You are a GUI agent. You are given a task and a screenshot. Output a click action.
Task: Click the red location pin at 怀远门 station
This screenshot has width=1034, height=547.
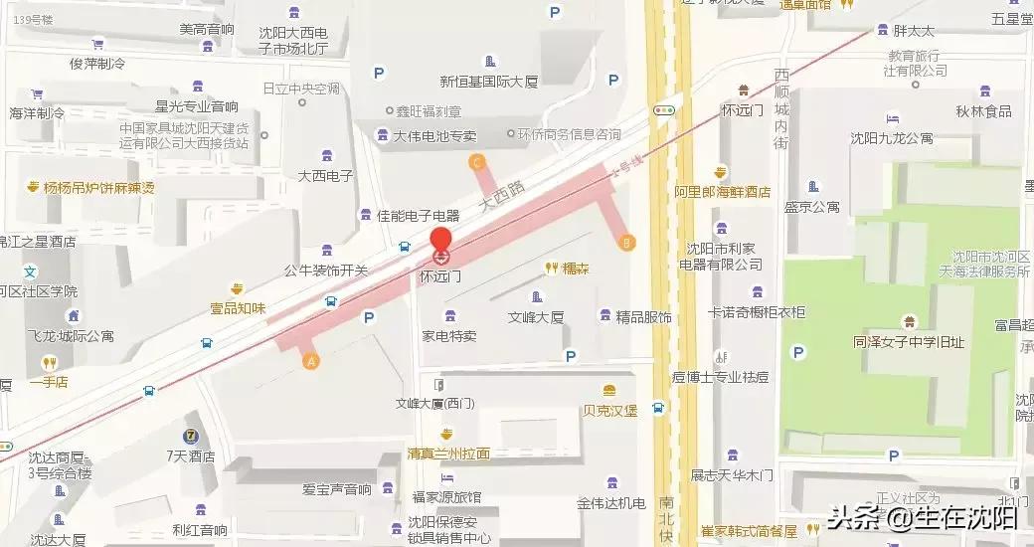point(440,242)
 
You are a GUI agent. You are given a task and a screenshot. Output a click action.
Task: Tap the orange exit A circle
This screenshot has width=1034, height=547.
point(310,361)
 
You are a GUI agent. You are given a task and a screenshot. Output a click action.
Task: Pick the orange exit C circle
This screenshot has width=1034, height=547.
point(477,161)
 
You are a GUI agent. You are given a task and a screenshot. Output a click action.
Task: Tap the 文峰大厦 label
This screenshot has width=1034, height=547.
point(536,317)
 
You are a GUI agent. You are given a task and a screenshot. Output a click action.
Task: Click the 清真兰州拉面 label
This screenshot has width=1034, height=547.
point(448,453)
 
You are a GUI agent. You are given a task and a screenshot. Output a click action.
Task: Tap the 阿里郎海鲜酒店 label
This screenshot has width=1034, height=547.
point(722,191)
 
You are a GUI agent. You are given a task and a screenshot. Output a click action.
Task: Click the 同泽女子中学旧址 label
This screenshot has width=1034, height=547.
point(908,341)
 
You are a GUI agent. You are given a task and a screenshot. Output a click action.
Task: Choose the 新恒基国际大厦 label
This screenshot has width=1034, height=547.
point(488,81)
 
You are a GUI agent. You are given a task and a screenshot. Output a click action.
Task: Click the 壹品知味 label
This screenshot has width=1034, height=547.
point(238,307)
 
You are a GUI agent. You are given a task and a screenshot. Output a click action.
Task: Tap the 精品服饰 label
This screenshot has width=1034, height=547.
point(643,317)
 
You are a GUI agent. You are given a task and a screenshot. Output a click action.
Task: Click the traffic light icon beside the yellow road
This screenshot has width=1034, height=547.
point(664,109)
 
